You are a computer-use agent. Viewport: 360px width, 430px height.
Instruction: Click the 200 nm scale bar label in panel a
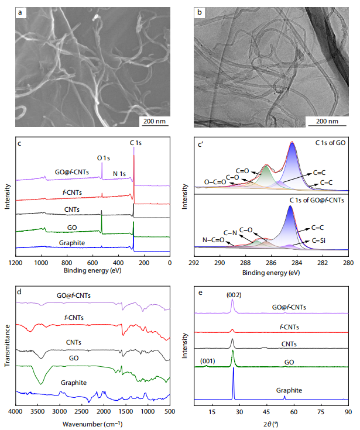point(154,121)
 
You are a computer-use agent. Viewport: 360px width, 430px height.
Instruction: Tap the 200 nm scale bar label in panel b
point(327,121)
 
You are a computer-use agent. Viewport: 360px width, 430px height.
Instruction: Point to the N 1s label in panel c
point(120,173)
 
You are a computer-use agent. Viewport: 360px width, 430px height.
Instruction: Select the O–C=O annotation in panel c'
point(215,181)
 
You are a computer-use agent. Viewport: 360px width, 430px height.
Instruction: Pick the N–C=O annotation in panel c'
point(213,239)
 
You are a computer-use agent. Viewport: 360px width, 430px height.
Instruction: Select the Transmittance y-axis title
point(7,346)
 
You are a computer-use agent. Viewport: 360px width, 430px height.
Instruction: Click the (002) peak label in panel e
point(234,294)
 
